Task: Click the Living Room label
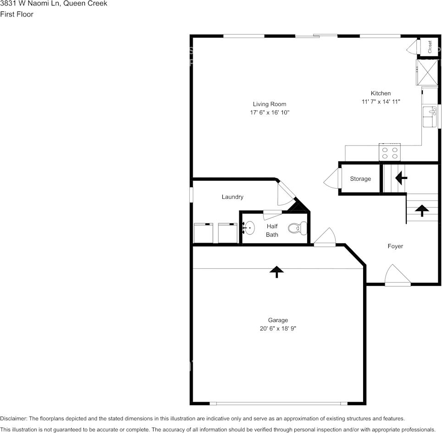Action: tap(269, 104)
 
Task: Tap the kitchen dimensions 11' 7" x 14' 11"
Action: tap(381, 102)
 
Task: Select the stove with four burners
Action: tap(389, 152)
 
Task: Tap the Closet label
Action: tap(430, 47)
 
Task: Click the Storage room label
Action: tap(360, 179)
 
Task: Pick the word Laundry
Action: tap(232, 197)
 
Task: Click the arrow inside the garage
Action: tap(276, 272)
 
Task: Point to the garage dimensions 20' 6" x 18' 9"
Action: tap(278, 329)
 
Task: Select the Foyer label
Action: tap(395, 246)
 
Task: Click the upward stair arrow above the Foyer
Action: tap(421, 210)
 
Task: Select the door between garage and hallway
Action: tap(325, 239)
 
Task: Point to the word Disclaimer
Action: tap(13, 418)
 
